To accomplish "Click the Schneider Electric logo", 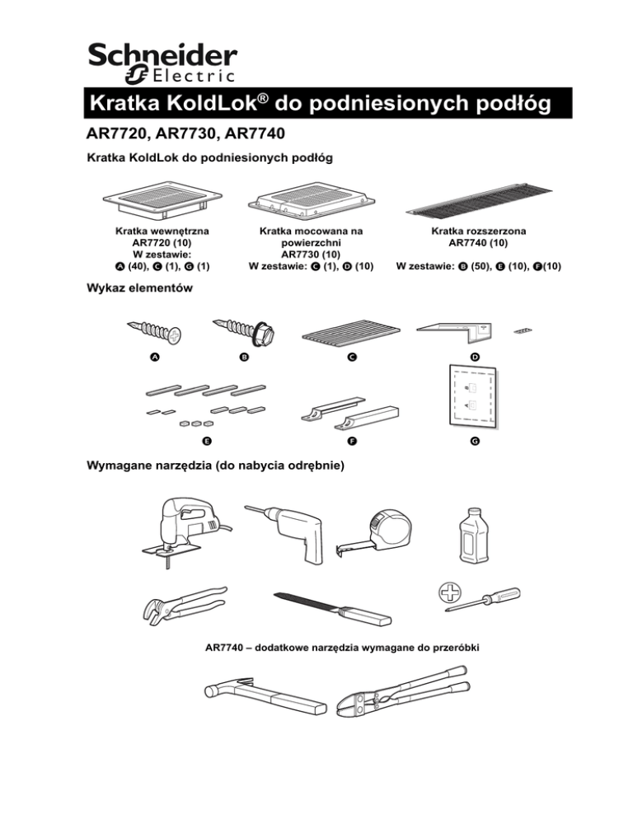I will [162, 63].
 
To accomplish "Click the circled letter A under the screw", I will [154, 357].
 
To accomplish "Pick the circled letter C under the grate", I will [351, 357].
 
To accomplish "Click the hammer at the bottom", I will [260, 696].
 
